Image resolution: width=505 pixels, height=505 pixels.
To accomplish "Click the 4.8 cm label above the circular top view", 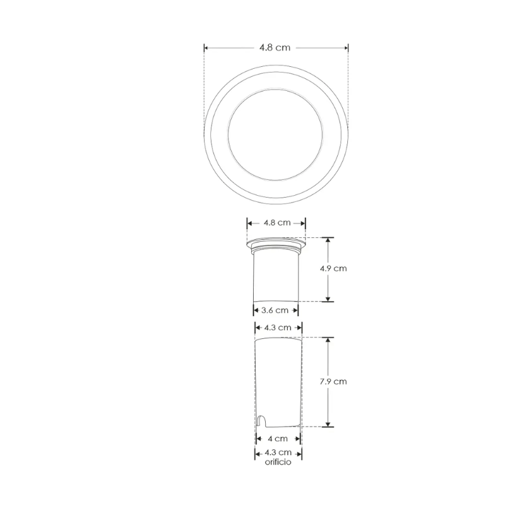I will [275, 48].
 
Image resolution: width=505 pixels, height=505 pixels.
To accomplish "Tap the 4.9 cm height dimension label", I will [333, 268].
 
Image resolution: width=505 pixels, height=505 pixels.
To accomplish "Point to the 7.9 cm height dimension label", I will [333, 381].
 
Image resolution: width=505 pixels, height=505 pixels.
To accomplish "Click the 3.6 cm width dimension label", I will [276, 310].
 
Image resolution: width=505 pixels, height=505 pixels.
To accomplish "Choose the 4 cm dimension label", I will [278, 438].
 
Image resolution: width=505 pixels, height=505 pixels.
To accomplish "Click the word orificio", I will [278, 462].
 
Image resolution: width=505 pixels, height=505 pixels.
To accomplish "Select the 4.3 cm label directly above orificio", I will [278, 453].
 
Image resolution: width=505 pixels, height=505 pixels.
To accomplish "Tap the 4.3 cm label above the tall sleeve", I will [278, 327].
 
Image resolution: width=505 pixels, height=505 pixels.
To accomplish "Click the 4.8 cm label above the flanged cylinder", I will [276, 223].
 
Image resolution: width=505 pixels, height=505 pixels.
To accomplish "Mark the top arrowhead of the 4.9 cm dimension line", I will [328, 240].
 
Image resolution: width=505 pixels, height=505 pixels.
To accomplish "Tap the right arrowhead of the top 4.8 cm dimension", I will [346, 48].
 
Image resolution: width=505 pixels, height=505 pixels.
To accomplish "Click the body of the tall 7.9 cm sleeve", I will [278, 379].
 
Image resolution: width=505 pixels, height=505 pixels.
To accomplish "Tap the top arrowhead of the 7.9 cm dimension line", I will [328, 340].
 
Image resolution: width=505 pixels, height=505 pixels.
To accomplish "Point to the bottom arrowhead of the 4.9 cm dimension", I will [328, 299].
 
